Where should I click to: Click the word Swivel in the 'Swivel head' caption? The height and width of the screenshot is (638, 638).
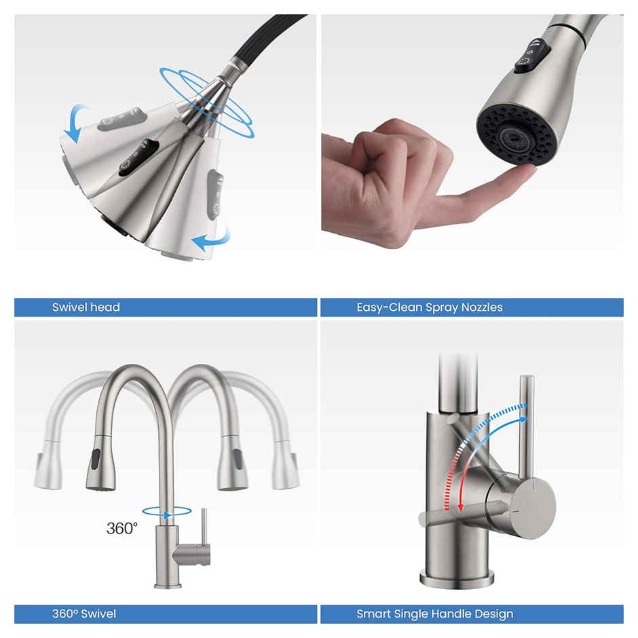pos(68,307)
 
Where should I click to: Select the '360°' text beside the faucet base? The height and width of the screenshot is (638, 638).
pos(122,528)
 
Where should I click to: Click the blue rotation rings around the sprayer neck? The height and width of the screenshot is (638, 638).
pos(207,102)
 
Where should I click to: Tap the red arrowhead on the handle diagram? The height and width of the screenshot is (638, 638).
pos(460,506)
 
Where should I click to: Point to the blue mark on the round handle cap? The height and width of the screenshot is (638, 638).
pos(535,487)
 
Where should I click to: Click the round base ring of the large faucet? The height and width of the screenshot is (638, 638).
pos(456,579)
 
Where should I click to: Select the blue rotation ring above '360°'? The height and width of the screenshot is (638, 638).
pos(167,512)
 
